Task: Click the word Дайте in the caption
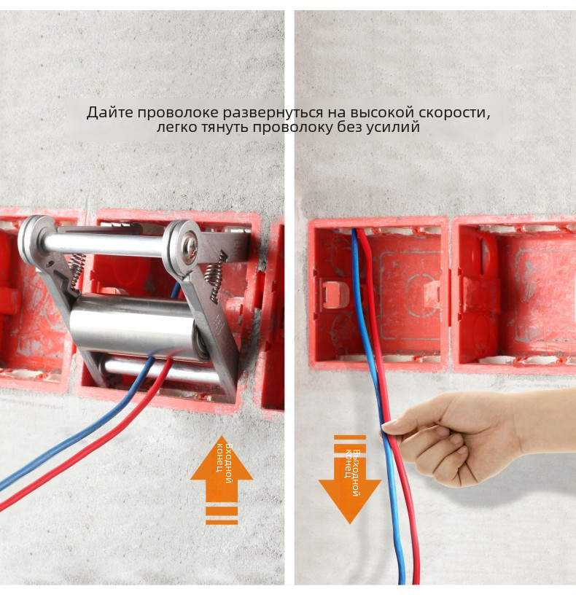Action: [x=110, y=113]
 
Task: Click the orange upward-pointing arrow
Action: [x=222, y=480]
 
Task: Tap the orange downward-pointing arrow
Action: [x=350, y=480]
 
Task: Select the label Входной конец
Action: [x=224, y=464]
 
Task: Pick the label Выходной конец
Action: [x=352, y=472]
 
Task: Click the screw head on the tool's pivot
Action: [x=190, y=240]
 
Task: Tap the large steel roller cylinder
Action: [x=133, y=326]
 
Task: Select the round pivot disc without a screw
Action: [x=34, y=240]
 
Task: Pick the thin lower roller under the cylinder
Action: [x=160, y=370]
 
